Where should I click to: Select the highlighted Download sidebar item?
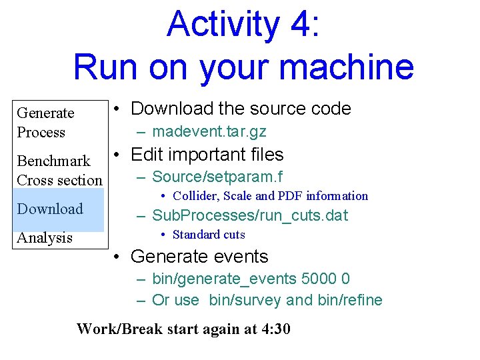click(50, 209)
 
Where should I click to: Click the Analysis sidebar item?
click(45, 237)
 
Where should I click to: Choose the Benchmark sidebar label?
click(53, 161)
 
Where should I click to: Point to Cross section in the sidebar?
click(59, 180)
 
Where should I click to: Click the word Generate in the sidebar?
click(45, 113)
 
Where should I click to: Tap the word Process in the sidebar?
click(41, 132)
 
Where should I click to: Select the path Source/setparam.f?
click(217, 177)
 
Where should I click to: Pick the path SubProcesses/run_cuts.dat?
click(250, 215)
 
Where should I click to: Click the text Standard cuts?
click(209, 235)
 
